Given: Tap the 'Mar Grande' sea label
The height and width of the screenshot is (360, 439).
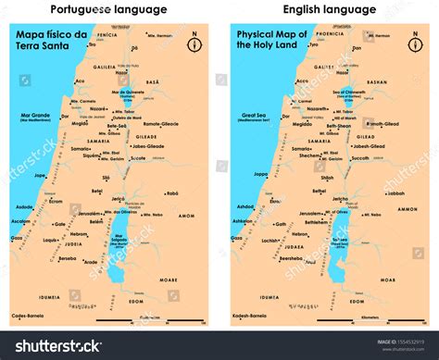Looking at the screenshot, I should [x=34, y=116].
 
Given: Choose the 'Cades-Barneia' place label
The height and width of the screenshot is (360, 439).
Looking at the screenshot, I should [x=32, y=314].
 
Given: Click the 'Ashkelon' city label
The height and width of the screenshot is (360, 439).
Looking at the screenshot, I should [x=244, y=221].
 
